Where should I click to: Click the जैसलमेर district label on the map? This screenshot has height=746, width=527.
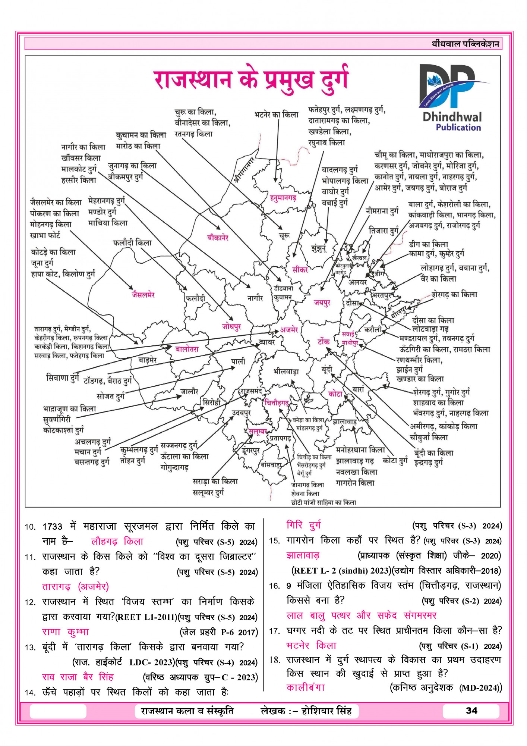tap(143, 295)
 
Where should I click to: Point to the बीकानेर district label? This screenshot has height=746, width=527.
tap(218, 237)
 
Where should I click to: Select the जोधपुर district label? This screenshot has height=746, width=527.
tap(231, 326)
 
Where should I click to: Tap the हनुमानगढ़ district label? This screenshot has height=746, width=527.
tap(283, 198)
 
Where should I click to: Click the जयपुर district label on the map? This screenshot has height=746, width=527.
tap(322, 303)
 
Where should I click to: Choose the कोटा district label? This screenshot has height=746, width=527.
tap(335, 394)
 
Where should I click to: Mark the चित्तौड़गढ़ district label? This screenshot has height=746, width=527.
tap(277, 403)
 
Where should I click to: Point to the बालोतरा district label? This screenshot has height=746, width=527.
tap(187, 349)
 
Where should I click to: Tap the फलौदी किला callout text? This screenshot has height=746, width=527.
tap(132, 243)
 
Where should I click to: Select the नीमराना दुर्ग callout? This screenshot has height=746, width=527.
tap(382, 211)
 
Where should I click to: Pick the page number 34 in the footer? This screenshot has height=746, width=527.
tap(471, 711)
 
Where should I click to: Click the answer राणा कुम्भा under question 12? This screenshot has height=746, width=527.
tap(66, 632)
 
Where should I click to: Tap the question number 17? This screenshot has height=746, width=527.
tap(274, 631)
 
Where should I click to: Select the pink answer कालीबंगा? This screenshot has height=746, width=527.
tap(306, 687)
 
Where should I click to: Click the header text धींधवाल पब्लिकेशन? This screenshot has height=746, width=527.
tap(465, 44)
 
